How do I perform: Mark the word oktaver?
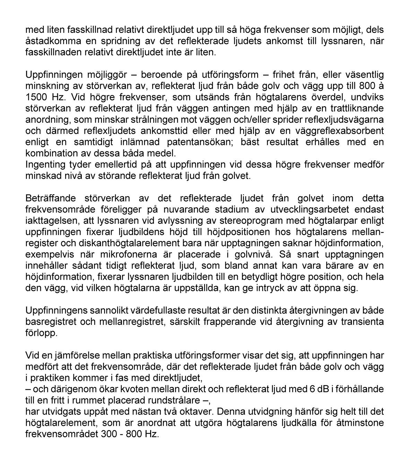coord(190,411)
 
